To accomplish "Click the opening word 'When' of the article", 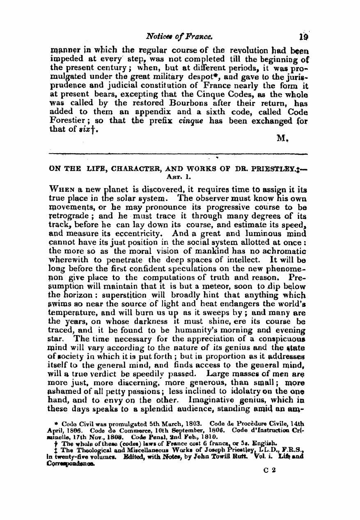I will tap(61, 187).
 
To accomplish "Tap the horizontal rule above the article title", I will tap(178, 154).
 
